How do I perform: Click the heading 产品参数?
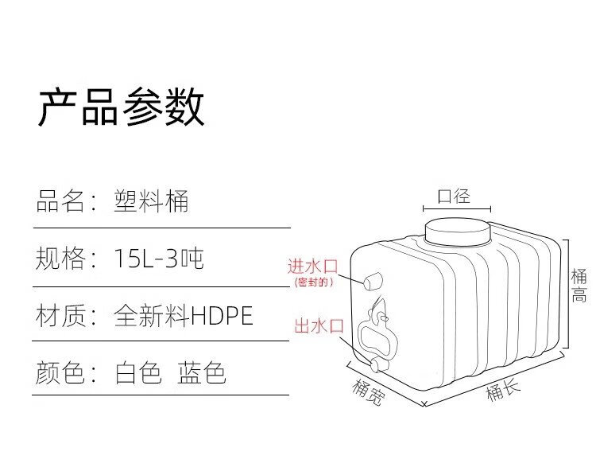pos(122,107)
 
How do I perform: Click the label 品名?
pos(60,201)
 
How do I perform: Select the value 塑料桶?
pos(151,201)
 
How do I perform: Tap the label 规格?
pos(60,258)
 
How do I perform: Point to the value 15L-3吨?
pos(158,258)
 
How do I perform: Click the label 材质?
pos(60,316)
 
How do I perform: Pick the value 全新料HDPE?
pos(184,316)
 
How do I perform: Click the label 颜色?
pos(60,372)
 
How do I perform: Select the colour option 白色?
pos(138,372)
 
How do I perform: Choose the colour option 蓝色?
pos(202,372)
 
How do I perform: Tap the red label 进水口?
pos(313,266)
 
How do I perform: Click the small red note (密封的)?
pos(313,282)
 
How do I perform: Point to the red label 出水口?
pos(318,325)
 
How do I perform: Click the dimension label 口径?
pos(455,196)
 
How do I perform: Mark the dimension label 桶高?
pos(579,286)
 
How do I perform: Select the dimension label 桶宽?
pos(366,391)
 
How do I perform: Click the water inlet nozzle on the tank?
pos(373,281)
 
